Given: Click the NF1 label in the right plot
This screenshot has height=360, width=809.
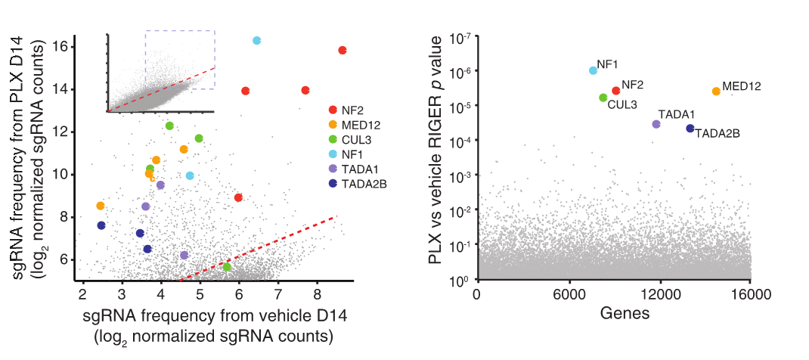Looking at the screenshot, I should point(608,64).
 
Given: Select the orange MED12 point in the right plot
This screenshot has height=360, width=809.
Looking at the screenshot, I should point(716,92).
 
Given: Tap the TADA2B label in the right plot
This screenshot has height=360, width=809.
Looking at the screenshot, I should point(717,134).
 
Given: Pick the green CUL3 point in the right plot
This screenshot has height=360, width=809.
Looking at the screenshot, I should point(603,98).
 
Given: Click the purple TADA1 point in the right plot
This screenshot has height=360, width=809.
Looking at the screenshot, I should point(656,124).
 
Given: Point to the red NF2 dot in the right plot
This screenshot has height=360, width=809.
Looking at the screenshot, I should point(616,91).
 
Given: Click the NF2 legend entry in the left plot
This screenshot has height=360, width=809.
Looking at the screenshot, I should point(354,111).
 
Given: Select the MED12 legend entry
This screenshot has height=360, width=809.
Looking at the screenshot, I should point(360,126).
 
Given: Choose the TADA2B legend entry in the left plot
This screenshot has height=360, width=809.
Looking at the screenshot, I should point(364,183).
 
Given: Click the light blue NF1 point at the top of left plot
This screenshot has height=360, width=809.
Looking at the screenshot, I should point(256,41).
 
